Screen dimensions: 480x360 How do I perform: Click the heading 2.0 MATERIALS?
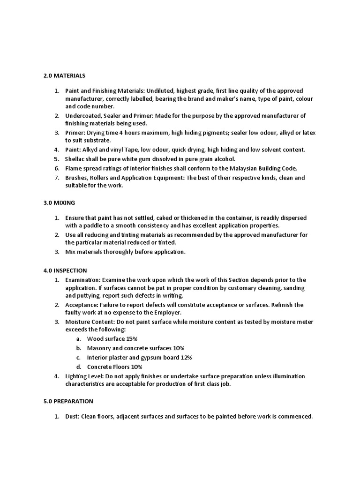[x=65, y=75]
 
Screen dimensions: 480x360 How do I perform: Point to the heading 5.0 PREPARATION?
[x=68, y=401]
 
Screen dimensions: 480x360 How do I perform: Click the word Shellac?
[x=75, y=159]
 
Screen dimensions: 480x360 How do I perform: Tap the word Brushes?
[x=76, y=178]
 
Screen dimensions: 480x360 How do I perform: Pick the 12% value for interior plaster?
[x=184, y=357]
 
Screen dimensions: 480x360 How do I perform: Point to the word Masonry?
[x=99, y=348]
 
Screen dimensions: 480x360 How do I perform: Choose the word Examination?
[x=86, y=280]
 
